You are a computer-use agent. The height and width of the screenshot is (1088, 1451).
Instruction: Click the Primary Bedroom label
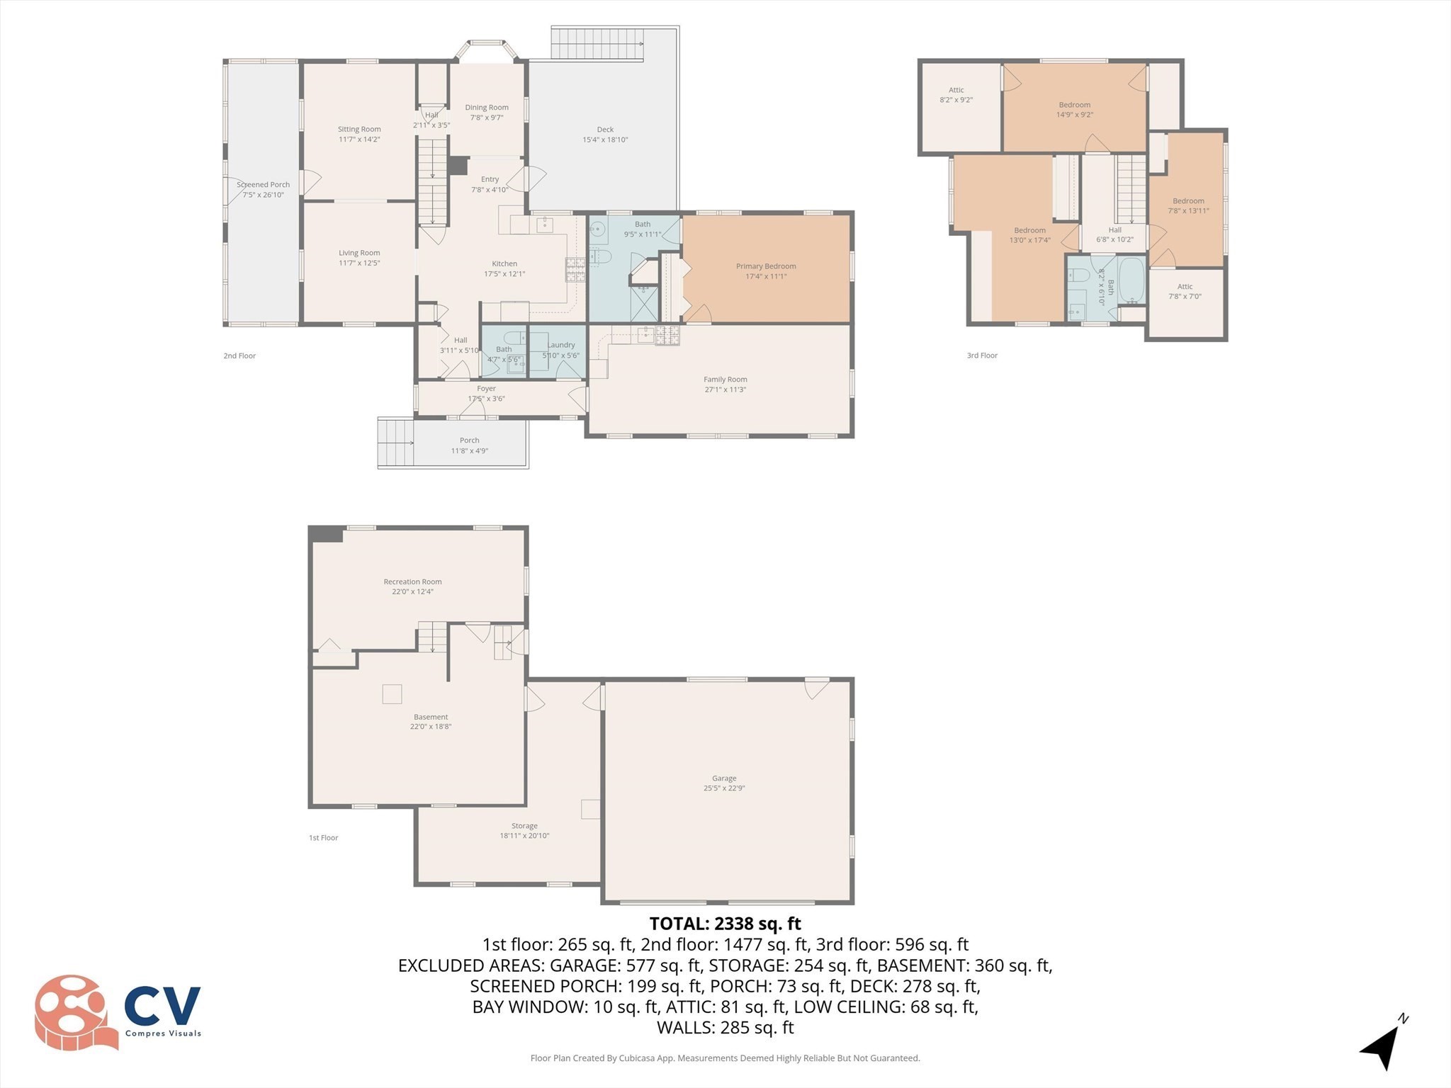(x=766, y=266)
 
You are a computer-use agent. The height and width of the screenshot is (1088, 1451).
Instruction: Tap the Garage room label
(x=724, y=778)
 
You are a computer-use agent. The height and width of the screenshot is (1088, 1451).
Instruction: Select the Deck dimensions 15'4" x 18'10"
(x=605, y=140)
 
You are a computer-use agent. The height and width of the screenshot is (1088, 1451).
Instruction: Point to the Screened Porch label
(x=263, y=185)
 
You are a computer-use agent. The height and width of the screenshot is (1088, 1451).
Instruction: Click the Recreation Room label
(x=412, y=582)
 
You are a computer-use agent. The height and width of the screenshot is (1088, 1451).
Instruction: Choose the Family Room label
(x=725, y=380)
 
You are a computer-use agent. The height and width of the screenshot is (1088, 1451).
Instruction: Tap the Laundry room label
(x=561, y=345)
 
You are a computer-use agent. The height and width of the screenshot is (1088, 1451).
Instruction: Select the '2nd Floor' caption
(x=239, y=356)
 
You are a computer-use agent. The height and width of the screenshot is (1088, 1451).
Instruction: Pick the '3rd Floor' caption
(x=982, y=356)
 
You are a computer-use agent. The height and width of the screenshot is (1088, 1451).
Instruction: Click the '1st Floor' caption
(x=323, y=838)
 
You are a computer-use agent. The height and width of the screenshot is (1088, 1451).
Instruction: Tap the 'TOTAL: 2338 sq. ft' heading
(x=725, y=924)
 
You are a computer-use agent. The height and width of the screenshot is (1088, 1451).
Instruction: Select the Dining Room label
(x=487, y=108)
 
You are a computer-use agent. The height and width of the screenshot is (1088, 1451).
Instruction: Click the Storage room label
(x=524, y=826)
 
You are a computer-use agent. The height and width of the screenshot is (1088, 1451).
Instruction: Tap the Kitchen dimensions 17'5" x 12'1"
(x=504, y=274)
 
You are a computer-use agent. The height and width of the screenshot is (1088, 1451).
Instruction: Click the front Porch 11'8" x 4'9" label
(x=469, y=446)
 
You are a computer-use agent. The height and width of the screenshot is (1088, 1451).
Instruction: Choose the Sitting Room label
(x=359, y=130)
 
